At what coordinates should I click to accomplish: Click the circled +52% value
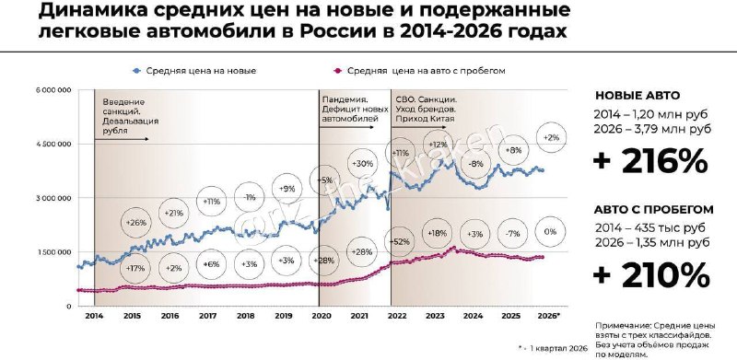[401, 240]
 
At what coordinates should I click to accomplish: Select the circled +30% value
[361, 163]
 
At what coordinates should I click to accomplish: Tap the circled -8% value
[476, 164]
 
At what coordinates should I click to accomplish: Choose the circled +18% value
[439, 233]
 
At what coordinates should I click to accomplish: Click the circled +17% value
[135, 268]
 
